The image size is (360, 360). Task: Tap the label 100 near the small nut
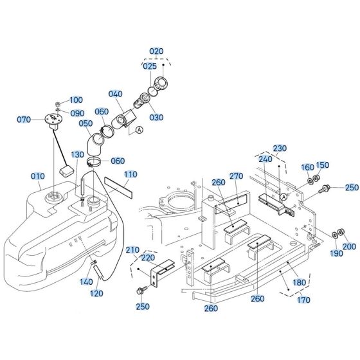click(x=76, y=100)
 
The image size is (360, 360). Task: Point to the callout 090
click(x=77, y=113)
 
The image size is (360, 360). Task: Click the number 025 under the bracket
click(x=149, y=66)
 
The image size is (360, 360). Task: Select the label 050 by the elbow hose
click(x=85, y=123)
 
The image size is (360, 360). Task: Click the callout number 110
click(x=130, y=174)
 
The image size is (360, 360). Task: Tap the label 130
click(x=77, y=155)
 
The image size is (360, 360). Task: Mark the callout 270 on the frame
click(x=236, y=175)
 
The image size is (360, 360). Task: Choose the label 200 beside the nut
click(x=349, y=246)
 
